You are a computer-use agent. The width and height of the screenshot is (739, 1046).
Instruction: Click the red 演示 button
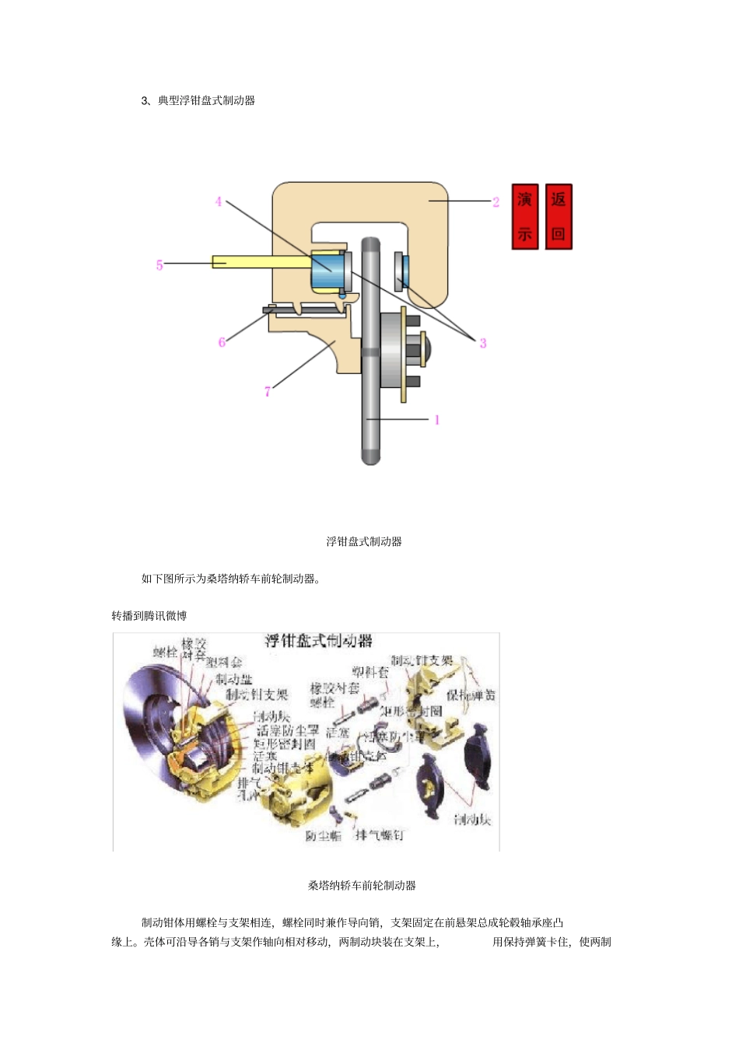coord(525,216)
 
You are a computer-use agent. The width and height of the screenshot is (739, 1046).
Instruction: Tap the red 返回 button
coord(559,216)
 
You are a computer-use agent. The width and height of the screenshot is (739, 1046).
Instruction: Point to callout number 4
coord(219,201)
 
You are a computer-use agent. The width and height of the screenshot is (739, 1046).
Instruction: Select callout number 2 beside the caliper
coord(496,201)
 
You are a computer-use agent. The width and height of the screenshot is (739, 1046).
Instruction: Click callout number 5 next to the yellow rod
coord(159,264)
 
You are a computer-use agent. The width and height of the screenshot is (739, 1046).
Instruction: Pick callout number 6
coord(222,341)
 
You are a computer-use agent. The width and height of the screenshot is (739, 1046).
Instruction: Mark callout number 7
coord(268,390)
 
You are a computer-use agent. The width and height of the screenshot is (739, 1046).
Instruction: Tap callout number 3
coord(483,342)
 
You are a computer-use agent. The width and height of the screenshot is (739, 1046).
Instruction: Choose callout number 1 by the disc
coord(437,420)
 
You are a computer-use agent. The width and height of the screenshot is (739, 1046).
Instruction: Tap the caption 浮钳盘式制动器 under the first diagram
coord(364,541)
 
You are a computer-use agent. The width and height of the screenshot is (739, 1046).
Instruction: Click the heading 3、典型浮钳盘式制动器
coord(198,100)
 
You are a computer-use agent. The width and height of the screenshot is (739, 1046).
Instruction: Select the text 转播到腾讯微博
coord(149,616)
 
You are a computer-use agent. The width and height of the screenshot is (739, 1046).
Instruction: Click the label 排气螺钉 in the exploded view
coord(379,834)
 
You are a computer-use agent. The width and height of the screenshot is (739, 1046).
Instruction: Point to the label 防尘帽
coord(323,835)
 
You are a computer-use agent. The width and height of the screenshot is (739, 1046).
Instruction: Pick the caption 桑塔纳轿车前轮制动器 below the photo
coord(362,885)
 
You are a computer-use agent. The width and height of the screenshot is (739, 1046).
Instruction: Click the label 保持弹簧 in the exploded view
coord(471,694)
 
